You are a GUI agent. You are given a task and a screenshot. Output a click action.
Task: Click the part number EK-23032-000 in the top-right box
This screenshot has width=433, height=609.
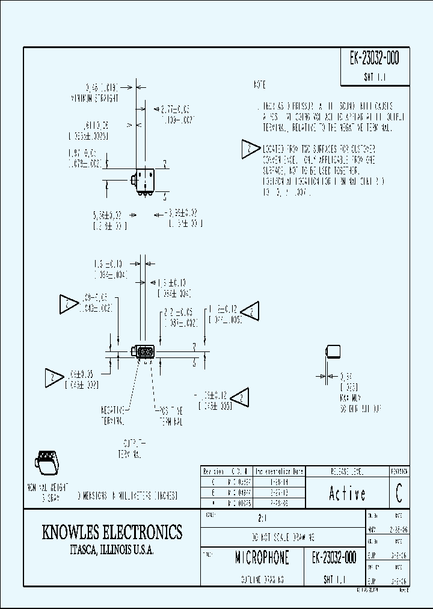point(374,59)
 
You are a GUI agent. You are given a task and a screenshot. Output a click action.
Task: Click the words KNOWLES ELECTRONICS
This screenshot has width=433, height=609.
point(112,532)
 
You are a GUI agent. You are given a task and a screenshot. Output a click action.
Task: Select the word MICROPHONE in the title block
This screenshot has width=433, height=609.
point(262,558)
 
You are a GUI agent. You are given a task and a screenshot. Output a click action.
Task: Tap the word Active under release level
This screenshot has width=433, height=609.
point(347,494)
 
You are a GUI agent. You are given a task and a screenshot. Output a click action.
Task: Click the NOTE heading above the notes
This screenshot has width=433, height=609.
point(260,84)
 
